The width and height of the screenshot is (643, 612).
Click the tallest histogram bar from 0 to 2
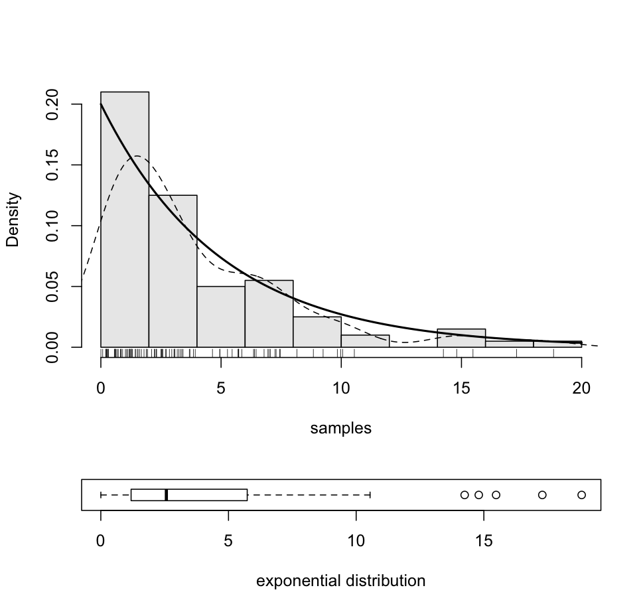click(x=125, y=219)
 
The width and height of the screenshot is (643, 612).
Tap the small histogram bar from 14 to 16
click(x=461, y=338)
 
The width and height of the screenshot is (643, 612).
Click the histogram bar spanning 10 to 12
click(x=365, y=341)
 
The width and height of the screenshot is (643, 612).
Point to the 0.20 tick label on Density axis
click(x=53, y=105)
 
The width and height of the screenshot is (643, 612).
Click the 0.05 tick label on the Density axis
click(x=53, y=287)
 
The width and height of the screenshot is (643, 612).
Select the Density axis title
click(x=13, y=219)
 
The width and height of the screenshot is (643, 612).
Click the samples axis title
click(x=340, y=429)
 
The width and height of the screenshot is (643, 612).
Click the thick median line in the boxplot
click(x=166, y=495)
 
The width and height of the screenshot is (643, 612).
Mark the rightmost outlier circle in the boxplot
click(x=581, y=495)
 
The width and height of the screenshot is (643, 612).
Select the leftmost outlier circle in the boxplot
click(x=464, y=495)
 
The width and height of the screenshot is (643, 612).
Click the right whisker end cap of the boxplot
click(x=370, y=495)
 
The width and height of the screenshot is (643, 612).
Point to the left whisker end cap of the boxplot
click(x=101, y=495)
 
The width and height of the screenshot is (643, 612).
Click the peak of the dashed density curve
click(x=137, y=156)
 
